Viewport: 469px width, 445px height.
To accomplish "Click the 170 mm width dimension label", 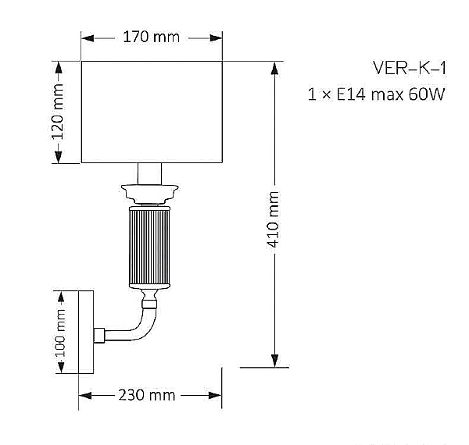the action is pyautogui.click(x=152, y=37).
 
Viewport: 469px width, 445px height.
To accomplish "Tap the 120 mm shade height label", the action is pyautogui.click(x=57, y=112).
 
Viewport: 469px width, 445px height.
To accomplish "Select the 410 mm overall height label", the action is pyautogui.click(x=272, y=219).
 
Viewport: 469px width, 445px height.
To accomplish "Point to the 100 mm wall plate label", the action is pyautogui.click(x=60, y=333).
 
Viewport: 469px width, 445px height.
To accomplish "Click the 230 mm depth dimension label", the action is pyautogui.click(x=147, y=395).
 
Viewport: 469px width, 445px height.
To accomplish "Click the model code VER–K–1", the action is pyautogui.click(x=410, y=68).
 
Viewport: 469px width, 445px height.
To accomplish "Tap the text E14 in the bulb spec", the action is pyautogui.click(x=351, y=94).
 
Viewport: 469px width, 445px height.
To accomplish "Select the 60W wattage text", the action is pyautogui.click(x=426, y=94).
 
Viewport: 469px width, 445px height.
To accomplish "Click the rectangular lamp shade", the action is pyautogui.click(x=152, y=112).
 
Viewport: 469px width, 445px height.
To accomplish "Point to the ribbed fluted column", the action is pyautogui.click(x=149, y=247).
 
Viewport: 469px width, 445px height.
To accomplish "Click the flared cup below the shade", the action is pyautogui.click(x=149, y=194).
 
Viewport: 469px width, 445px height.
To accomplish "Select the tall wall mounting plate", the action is pyautogui.click(x=86, y=332).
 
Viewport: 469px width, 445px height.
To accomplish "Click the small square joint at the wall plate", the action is pyautogui.click(x=99, y=335).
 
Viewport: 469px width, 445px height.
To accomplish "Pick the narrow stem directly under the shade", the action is pyautogui.click(x=149, y=174).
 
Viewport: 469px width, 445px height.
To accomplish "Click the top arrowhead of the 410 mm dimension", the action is pyautogui.click(x=274, y=68).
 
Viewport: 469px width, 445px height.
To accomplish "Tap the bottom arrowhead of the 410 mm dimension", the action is pyautogui.click(x=274, y=361).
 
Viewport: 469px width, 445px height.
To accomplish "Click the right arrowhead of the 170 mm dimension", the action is pyautogui.click(x=216, y=38).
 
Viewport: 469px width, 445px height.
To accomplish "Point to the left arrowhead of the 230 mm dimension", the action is pyautogui.click(x=85, y=396).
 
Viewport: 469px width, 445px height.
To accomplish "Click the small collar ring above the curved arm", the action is pyautogui.click(x=149, y=304).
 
